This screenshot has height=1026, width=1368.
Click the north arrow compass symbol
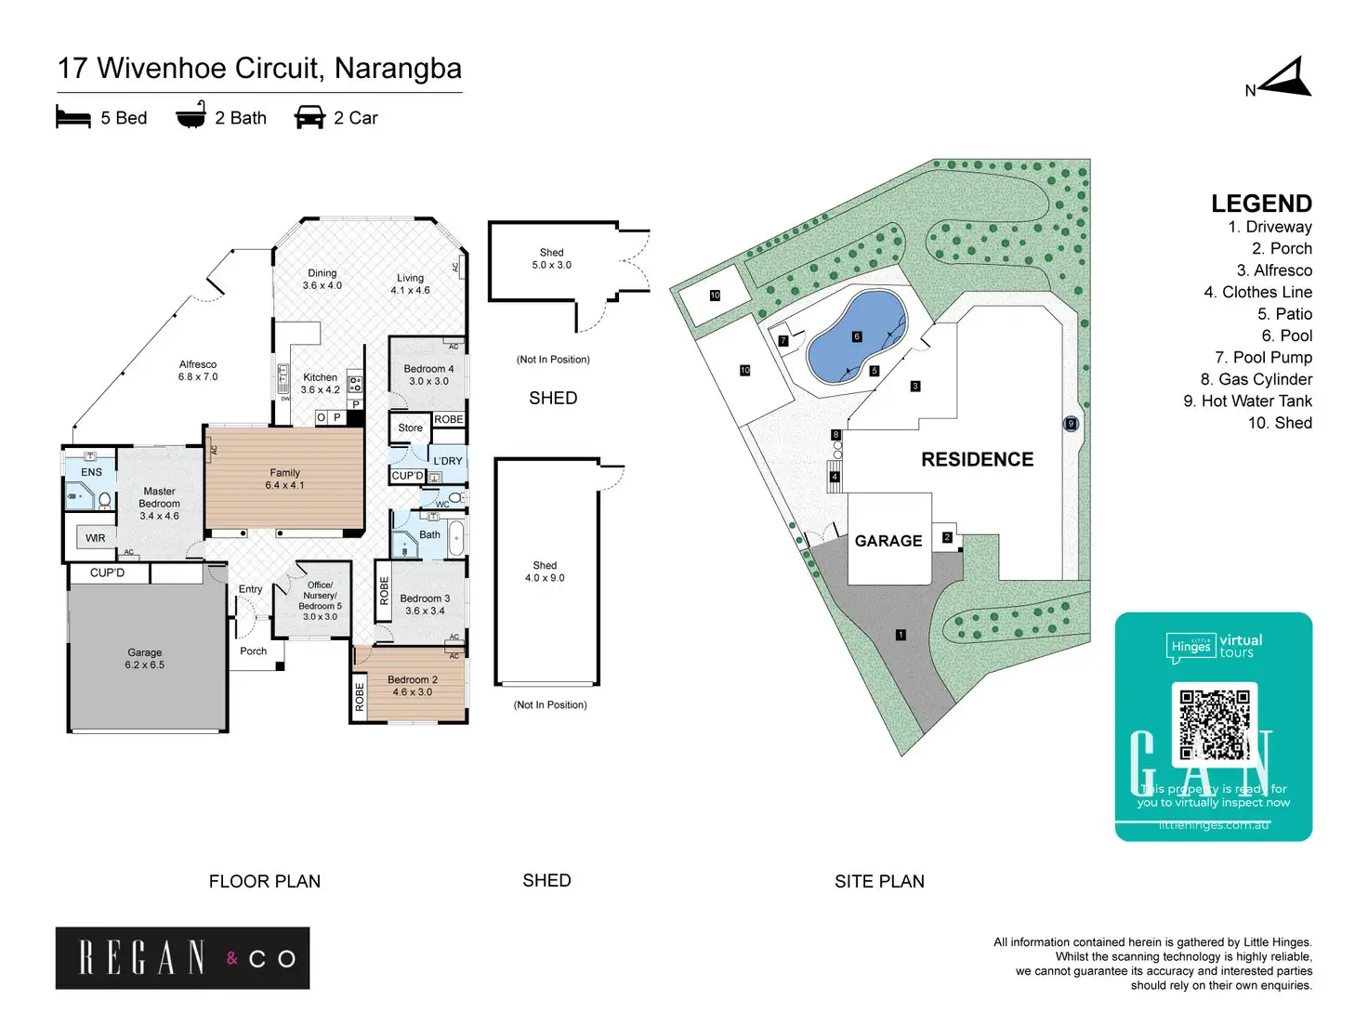tap(1285, 78)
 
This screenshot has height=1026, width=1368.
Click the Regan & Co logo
tap(182, 957)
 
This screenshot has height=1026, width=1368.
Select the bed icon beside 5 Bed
tap(73, 118)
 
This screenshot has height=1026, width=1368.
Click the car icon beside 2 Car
tap(309, 118)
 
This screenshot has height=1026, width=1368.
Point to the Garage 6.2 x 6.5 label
tap(144, 659)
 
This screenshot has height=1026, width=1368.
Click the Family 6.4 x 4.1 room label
tap(284, 479)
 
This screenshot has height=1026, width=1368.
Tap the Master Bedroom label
tap(159, 504)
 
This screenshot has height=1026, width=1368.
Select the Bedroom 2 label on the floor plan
tap(412, 686)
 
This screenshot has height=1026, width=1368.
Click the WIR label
tap(95, 538)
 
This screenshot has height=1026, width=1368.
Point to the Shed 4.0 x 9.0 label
tap(545, 572)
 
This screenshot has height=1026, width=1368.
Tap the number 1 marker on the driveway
tap(900, 635)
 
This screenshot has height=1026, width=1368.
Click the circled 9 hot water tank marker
tap(1071, 424)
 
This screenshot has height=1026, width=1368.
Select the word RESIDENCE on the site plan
tap(977, 459)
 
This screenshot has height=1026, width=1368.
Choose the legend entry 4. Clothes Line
tap(1257, 292)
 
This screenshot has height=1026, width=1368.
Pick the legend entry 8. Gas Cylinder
tap(1256, 379)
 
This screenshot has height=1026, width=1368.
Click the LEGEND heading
tap(1261, 204)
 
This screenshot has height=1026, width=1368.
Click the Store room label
tap(410, 428)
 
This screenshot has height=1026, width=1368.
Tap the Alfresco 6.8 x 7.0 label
tap(198, 371)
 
